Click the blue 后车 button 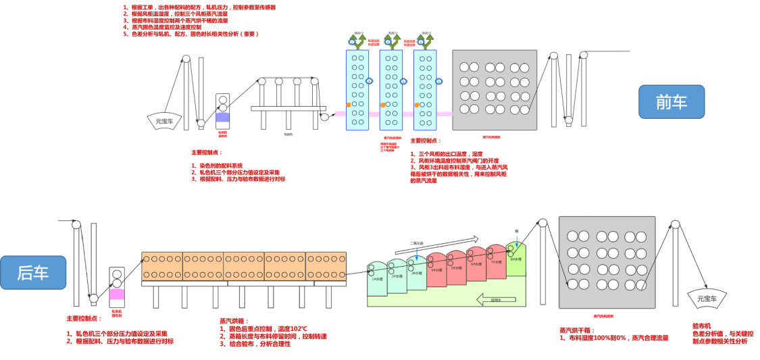33,273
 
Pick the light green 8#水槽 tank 515,260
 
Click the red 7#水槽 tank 496,262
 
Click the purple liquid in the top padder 223,118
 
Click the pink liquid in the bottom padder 117,294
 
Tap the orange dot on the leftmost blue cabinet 348,105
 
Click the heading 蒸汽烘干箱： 580,330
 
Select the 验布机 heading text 703,326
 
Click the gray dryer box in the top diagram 495,89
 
